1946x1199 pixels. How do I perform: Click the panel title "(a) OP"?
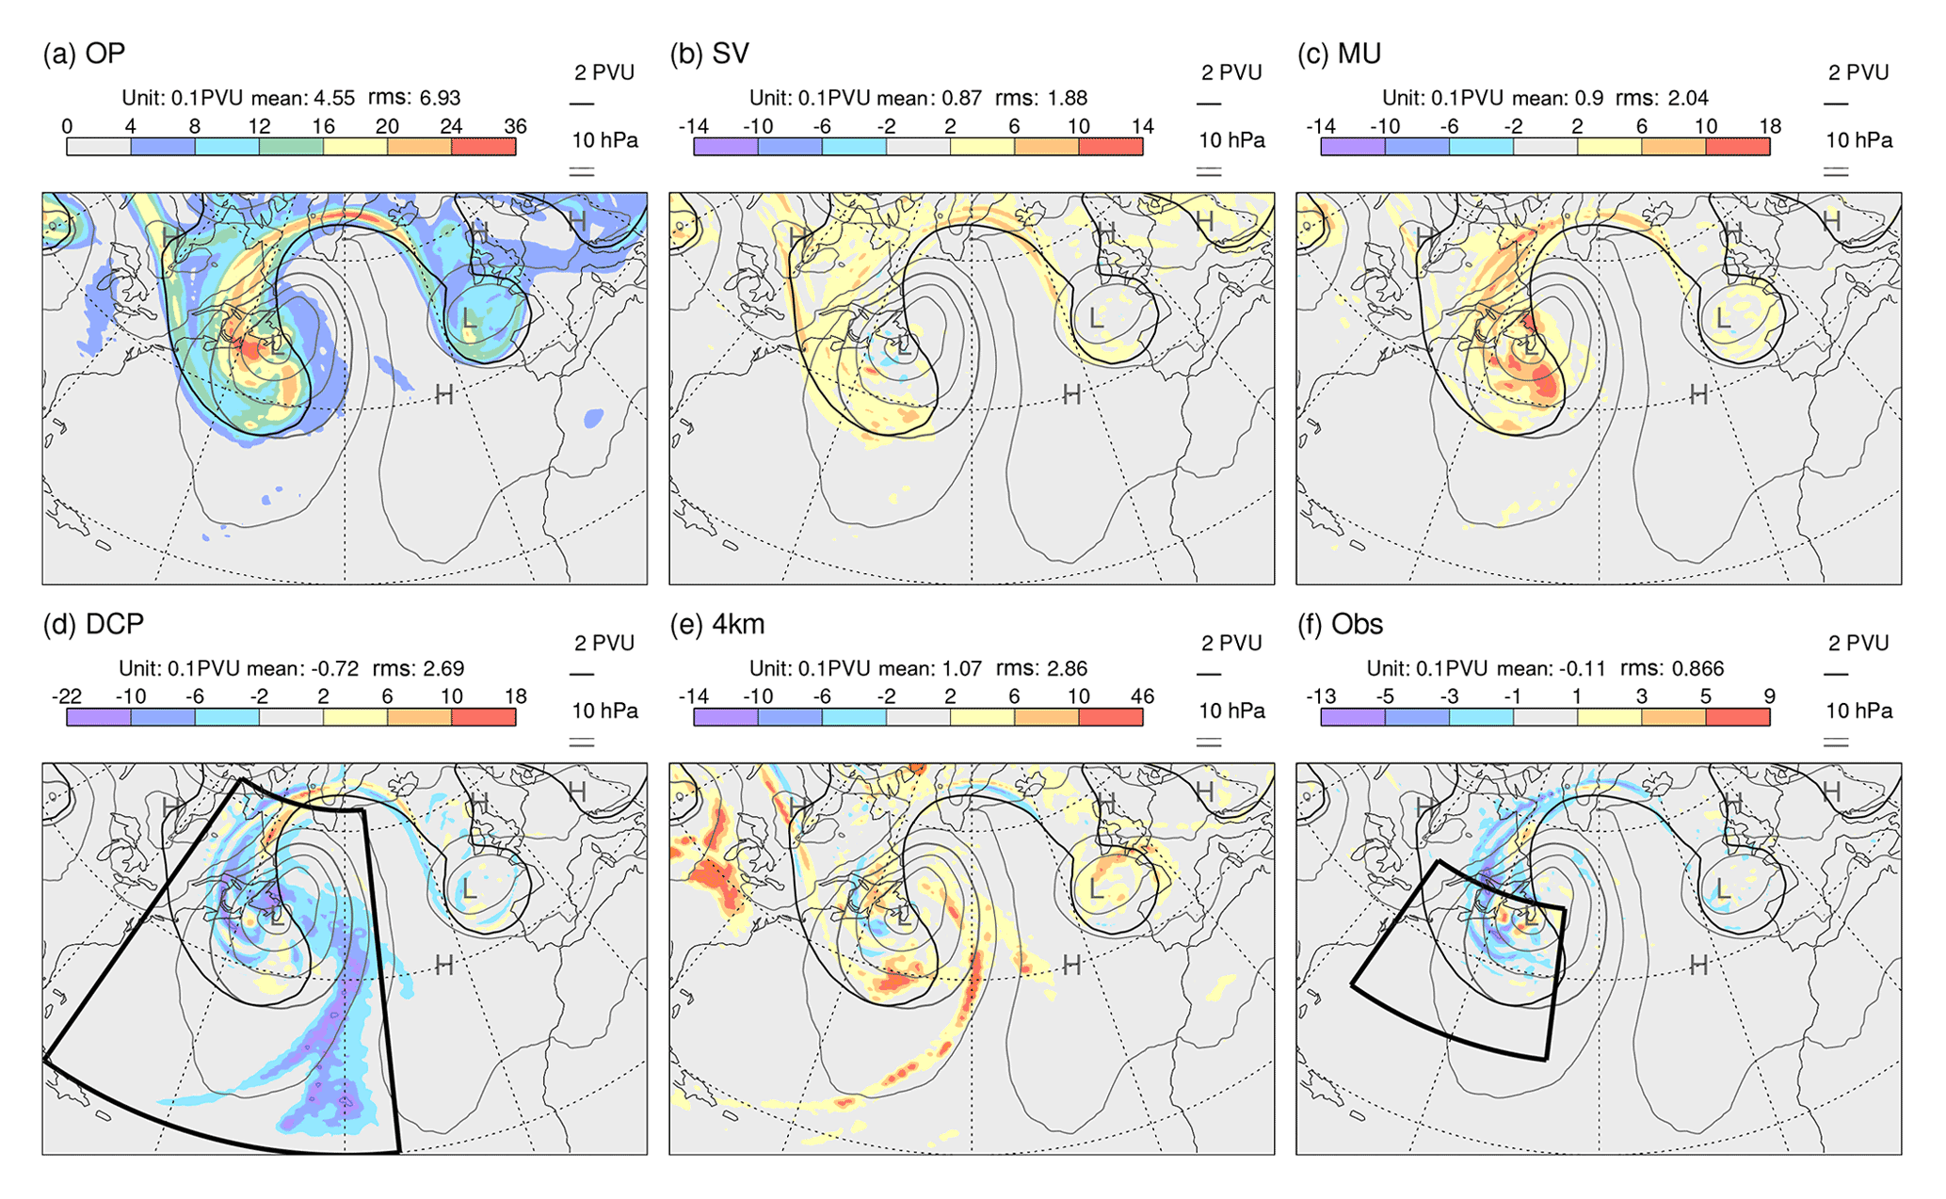coord(84,54)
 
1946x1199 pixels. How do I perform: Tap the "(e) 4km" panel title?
coord(716,624)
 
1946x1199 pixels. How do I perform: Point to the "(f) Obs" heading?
coord(1340,624)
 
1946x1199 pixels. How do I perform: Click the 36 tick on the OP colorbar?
coord(515,126)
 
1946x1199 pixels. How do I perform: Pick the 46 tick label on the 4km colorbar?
coord(1142,696)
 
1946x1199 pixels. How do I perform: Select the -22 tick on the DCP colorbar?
coord(66,696)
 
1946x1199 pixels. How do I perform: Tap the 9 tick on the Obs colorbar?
coord(1769,696)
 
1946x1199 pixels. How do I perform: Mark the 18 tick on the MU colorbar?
coord(1769,126)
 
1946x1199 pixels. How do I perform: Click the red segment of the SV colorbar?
coord(1110,147)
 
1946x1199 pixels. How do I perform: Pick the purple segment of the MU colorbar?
coord(1352,147)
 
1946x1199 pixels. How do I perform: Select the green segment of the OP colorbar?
coord(291,147)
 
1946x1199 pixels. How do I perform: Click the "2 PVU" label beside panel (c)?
coord(1858,73)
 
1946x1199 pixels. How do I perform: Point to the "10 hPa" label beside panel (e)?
coord(1231,711)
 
